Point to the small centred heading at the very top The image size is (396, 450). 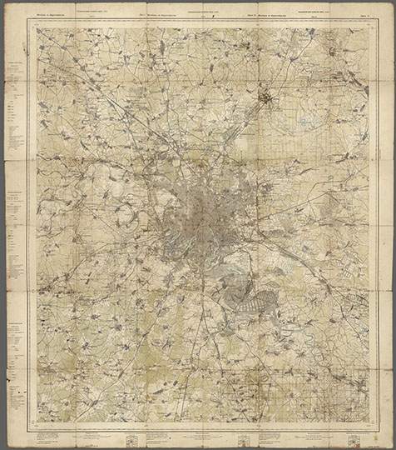205,12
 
